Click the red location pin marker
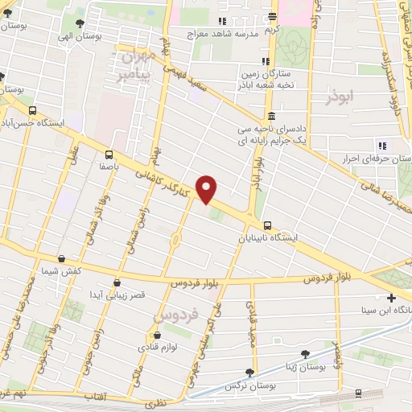coord(208,189)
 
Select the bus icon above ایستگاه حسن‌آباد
coord(31,110)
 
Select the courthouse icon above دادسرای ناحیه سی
coord(270,114)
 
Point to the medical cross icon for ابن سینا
coord(390,297)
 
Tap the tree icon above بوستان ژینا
coord(304,354)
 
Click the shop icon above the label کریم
coord(273,17)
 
